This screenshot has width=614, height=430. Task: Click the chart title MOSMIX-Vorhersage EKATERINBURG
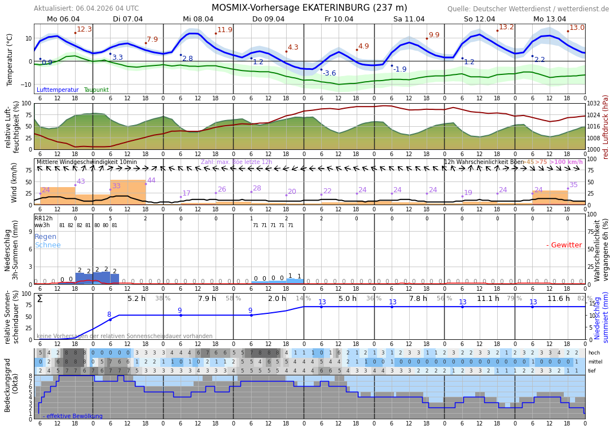(309, 8)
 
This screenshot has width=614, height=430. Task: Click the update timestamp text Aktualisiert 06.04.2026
(86, 8)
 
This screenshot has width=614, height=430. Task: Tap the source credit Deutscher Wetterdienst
(528, 9)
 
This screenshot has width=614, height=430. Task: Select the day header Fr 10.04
(339, 19)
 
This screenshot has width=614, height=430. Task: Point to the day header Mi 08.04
(198, 19)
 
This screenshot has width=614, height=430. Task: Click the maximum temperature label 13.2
(506, 27)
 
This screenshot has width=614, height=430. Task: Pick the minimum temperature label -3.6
(329, 73)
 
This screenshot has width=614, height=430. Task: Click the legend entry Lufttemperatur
(58, 90)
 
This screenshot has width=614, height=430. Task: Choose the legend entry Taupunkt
(96, 90)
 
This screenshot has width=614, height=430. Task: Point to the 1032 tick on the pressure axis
(594, 104)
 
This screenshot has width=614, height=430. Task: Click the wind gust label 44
(151, 180)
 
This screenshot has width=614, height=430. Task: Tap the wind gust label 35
(573, 185)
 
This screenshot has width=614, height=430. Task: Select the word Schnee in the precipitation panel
(47, 245)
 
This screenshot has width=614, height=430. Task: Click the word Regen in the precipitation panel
(46, 237)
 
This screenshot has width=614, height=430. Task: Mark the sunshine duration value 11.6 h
(559, 299)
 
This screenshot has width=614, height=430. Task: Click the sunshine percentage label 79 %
(514, 299)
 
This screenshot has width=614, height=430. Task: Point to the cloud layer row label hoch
(594, 353)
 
